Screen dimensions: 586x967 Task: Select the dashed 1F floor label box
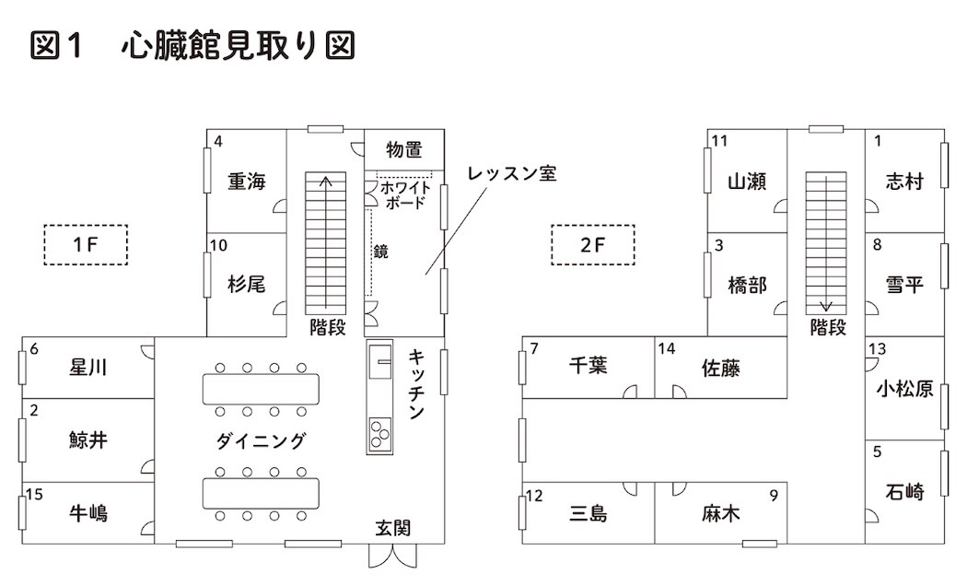coord(86,245)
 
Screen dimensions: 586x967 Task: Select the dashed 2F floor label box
coord(594,245)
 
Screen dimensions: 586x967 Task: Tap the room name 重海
coord(247,182)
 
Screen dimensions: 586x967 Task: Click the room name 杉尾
coord(247,285)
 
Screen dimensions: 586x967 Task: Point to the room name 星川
coord(88,368)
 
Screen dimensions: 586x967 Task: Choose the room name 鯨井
coord(88,439)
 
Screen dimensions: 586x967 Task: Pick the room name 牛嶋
coord(88,512)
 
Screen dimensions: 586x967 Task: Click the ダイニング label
coord(261,441)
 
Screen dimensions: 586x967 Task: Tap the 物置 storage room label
coord(404,149)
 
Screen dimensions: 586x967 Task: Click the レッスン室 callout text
coord(511,173)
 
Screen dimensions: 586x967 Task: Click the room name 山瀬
coord(747,182)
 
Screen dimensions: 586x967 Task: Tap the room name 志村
coord(903,182)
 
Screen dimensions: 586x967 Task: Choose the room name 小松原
coord(905,389)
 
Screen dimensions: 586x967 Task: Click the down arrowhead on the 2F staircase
coord(826,308)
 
